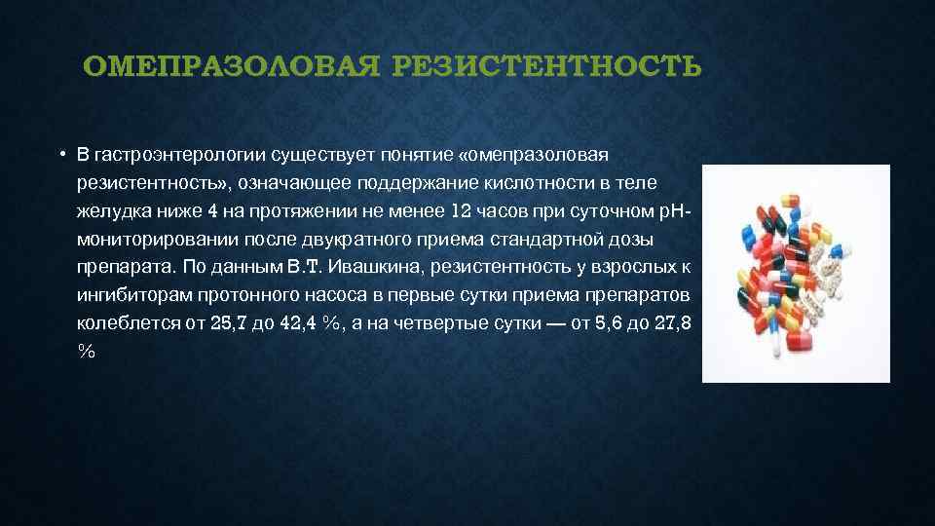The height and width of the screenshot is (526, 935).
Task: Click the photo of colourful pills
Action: pyautogui.click(x=796, y=273)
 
